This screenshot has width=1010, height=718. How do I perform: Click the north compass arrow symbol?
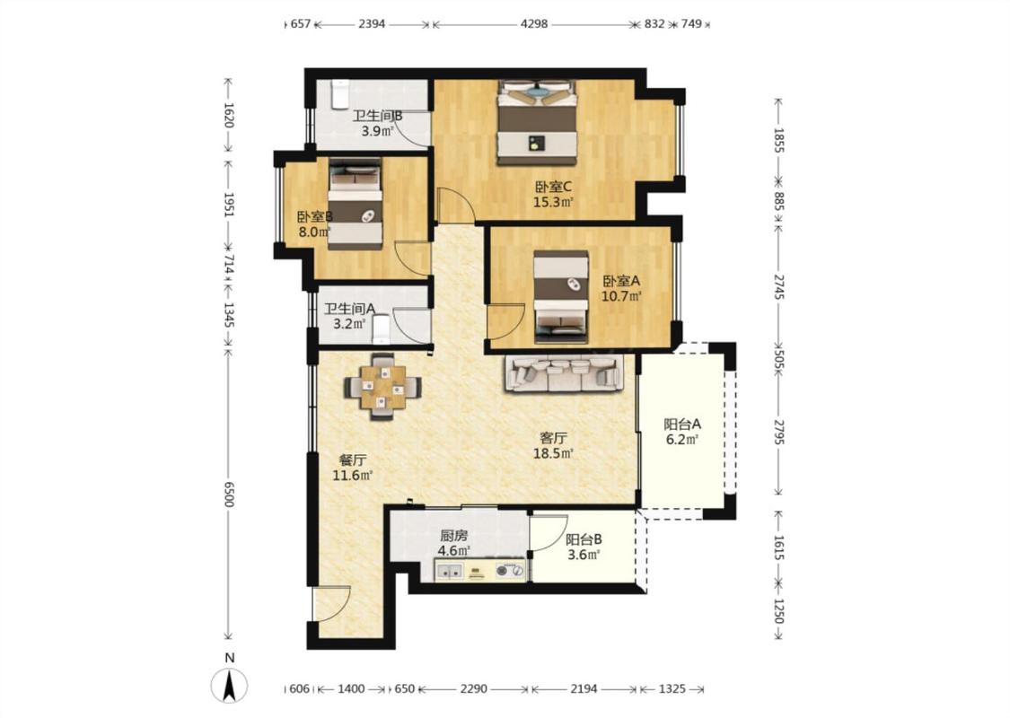[x=229, y=685]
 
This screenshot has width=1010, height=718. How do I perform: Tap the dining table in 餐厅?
[x=382, y=387]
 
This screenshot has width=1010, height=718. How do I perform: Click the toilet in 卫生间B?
[x=339, y=94]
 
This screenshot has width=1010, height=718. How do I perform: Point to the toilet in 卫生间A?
[x=382, y=329]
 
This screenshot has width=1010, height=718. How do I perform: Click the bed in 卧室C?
[x=537, y=122]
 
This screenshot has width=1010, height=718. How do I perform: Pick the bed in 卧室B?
[x=355, y=204]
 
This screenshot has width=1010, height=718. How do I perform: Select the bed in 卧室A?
[x=561, y=297]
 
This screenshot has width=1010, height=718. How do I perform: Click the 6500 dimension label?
[x=229, y=494]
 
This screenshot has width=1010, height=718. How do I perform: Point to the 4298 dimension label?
[x=534, y=24]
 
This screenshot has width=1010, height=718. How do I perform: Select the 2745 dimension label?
[x=778, y=286]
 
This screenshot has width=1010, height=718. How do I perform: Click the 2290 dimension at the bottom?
[x=473, y=689]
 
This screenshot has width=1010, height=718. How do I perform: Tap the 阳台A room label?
[x=682, y=425]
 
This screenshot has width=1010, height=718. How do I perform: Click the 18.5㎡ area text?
[x=553, y=453]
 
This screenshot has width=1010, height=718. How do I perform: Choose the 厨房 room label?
[x=453, y=535]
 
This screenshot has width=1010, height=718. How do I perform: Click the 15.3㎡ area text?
[x=553, y=202]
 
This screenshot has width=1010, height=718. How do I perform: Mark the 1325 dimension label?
[x=672, y=689]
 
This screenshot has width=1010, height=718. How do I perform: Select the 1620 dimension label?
[x=229, y=115]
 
